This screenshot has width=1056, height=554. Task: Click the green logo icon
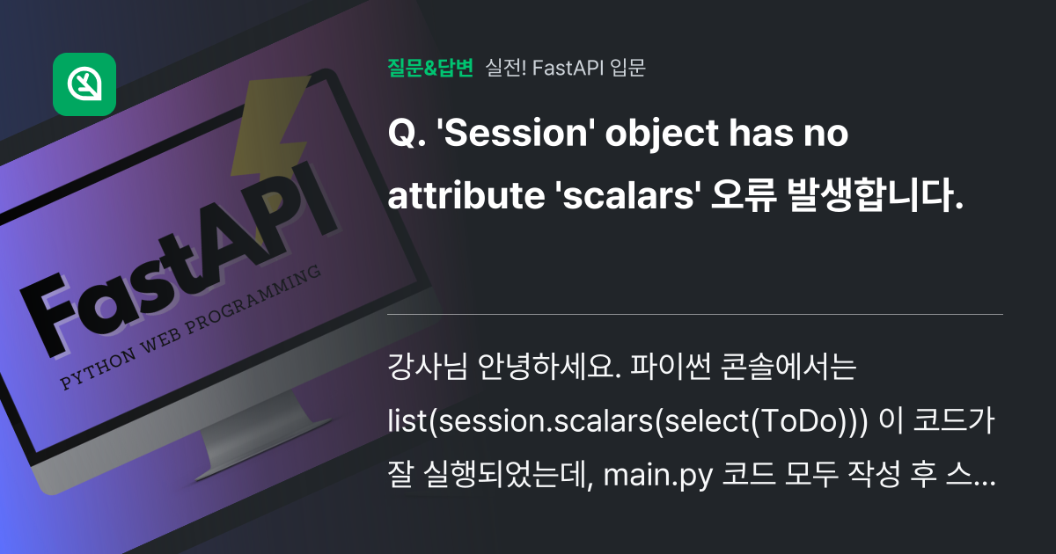tap(84, 84)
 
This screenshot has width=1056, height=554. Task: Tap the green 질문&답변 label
tap(430, 68)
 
